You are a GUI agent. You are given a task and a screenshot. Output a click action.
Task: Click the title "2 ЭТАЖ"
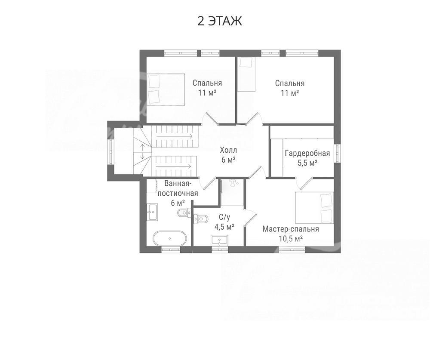tap(219, 21)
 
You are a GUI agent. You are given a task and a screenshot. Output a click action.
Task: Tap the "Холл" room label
tap(228, 150)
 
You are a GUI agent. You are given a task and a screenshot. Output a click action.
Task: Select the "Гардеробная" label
tap(307, 153)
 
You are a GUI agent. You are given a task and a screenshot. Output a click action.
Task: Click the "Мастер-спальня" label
tap(291, 229)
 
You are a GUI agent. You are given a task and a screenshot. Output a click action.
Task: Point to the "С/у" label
tap(224, 217)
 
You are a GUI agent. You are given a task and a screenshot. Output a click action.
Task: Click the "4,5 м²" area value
tap(224, 227)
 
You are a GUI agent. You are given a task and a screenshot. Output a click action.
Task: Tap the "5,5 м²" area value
tap(307, 163)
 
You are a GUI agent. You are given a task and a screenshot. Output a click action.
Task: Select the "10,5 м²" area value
tap(291, 238)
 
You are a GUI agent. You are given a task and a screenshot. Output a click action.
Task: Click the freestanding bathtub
tap(170, 238)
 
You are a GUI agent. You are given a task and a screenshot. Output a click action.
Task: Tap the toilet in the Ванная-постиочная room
tap(184, 212)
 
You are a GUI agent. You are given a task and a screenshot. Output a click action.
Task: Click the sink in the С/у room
tap(219, 240)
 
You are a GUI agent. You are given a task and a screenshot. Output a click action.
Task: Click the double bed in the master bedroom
tap(314, 208)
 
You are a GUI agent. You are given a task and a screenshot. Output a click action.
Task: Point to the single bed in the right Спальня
tap(246, 74)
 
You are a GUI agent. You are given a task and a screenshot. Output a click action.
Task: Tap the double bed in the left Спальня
tap(165, 89)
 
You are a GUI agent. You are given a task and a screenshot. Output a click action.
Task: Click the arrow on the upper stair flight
tap(175, 135)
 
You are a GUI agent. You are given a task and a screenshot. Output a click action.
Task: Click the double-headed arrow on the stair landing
tap(143, 152)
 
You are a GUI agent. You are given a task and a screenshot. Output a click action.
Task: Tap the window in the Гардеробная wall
tap(338, 153)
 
